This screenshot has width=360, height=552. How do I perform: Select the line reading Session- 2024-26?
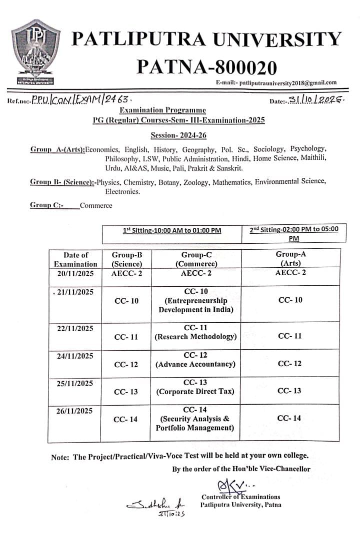[178, 135]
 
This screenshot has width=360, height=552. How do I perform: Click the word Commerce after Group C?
[96, 205]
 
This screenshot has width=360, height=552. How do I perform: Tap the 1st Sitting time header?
[172, 231]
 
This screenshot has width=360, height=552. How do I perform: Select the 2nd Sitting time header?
[293, 234]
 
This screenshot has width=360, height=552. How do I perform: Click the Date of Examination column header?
[75, 259]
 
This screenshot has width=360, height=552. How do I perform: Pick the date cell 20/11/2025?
[75, 273]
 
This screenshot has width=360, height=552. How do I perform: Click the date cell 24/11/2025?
[75, 356]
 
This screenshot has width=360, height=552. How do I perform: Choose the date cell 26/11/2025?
[75, 411]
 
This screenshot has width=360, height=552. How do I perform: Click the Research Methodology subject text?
[195, 337]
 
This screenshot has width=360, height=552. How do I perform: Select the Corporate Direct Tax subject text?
[195, 392]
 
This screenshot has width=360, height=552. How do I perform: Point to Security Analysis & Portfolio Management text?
[195, 423]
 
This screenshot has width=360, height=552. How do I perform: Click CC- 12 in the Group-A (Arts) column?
[289, 364]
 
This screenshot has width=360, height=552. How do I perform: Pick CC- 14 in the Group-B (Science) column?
[126, 420]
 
